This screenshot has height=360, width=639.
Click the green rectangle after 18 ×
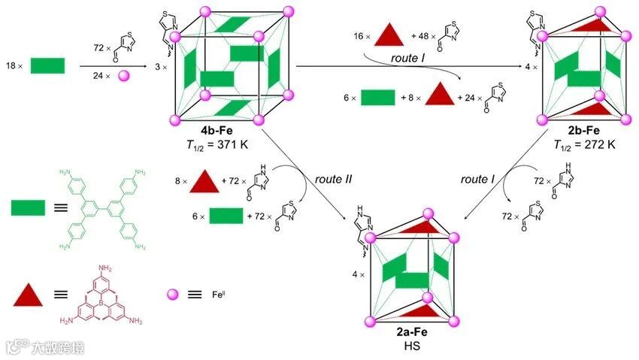[47, 65]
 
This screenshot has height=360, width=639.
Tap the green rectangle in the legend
[28, 207]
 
